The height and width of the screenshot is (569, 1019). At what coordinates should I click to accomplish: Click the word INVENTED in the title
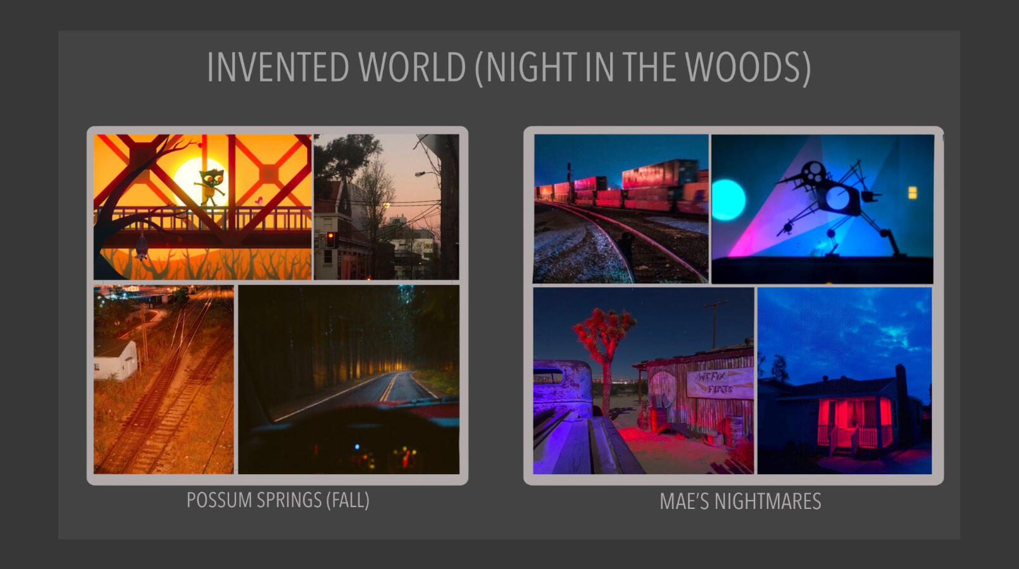278,67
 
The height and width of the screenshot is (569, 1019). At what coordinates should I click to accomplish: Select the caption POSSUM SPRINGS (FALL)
278,500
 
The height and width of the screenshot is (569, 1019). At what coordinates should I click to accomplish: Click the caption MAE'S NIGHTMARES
741,502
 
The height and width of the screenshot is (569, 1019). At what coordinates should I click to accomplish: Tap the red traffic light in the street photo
331,237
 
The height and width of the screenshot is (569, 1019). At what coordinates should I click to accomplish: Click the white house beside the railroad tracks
116,361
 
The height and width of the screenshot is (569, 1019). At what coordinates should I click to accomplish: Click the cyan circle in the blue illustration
728,200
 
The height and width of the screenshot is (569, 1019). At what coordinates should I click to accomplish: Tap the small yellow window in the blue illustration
913,193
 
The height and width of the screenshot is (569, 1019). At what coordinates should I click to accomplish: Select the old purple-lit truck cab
563,386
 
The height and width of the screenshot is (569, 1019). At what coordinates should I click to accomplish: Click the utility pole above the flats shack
715,325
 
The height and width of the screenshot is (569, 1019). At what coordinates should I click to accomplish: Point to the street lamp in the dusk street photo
420,174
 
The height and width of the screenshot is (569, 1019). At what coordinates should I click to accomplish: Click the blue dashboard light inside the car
357,447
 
